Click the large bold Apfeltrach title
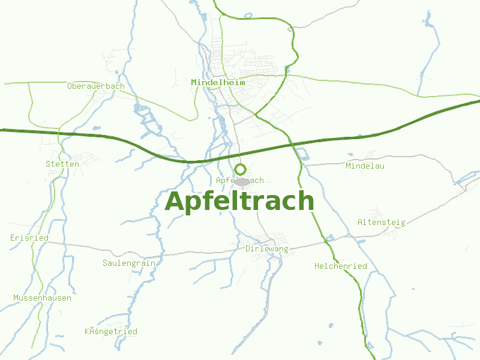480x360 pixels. (x=239, y=202)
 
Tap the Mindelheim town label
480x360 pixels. (x=218, y=82)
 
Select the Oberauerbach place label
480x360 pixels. (x=96, y=86)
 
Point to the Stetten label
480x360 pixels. (x=62, y=164)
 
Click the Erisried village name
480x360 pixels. (x=29, y=238)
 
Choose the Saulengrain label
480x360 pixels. (x=129, y=263)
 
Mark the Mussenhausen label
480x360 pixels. (x=43, y=298)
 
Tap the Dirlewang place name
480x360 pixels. (x=267, y=248)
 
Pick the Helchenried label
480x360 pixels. (x=341, y=266)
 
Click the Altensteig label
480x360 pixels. (x=382, y=223)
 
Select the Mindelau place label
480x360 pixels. (x=365, y=166)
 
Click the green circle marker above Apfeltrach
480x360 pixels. (x=241, y=169)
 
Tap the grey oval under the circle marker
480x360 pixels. (x=242, y=181)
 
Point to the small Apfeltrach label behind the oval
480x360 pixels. (x=223, y=181)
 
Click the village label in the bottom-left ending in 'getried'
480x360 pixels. (x=111, y=332)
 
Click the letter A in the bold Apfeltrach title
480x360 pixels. (x=175, y=202)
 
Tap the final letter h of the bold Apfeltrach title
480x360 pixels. (x=306, y=201)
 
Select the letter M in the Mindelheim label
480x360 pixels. (x=194, y=82)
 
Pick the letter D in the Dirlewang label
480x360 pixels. (x=248, y=248)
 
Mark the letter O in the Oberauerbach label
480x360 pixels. (x=70, y=86)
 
